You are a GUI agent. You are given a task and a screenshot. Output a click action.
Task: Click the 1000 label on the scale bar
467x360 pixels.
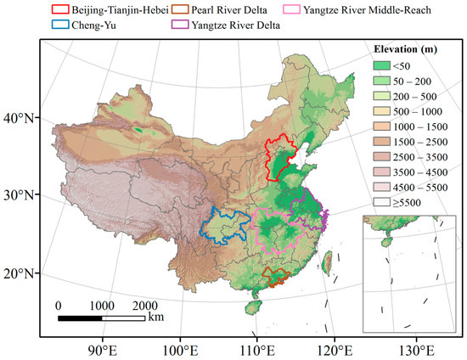click(101, 306)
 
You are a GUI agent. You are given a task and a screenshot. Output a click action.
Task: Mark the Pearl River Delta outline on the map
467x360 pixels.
click(274, 276)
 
